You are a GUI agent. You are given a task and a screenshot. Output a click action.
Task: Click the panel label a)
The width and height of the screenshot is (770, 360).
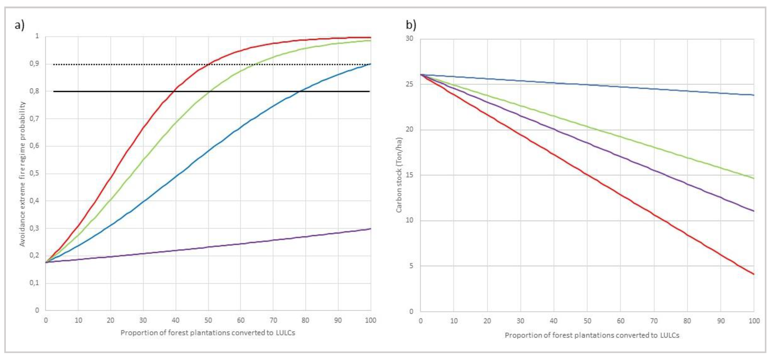[19, 25]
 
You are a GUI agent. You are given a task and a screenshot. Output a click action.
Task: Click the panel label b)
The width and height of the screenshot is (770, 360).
[411, 25]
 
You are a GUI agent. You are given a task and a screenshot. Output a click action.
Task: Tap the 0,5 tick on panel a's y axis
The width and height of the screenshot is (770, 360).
[35, 173]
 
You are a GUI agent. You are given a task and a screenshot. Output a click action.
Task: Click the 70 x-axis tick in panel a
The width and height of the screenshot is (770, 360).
[273, 320]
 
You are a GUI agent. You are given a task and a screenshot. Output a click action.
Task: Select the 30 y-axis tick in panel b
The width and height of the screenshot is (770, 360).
[409, 39]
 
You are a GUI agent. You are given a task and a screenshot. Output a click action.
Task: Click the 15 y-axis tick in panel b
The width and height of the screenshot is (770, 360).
[409, 175]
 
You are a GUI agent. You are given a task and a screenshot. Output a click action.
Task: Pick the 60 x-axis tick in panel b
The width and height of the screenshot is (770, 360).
[621, 321]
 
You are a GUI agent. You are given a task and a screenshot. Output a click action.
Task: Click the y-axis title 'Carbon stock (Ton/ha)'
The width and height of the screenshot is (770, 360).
[399, 175]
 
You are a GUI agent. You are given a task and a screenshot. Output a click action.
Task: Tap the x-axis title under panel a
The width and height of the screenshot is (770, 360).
[208, 333]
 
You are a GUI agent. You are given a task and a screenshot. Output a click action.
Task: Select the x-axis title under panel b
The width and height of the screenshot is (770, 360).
[592, 335]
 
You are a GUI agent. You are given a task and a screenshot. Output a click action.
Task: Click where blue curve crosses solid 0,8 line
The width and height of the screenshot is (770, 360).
[300, 91]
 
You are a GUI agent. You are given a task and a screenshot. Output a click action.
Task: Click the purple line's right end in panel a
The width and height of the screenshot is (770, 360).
[370, 229]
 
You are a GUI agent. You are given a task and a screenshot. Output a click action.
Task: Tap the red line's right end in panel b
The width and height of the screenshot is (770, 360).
[754, 274]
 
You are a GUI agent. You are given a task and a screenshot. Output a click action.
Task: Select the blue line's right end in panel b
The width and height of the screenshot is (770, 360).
[754, 95]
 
